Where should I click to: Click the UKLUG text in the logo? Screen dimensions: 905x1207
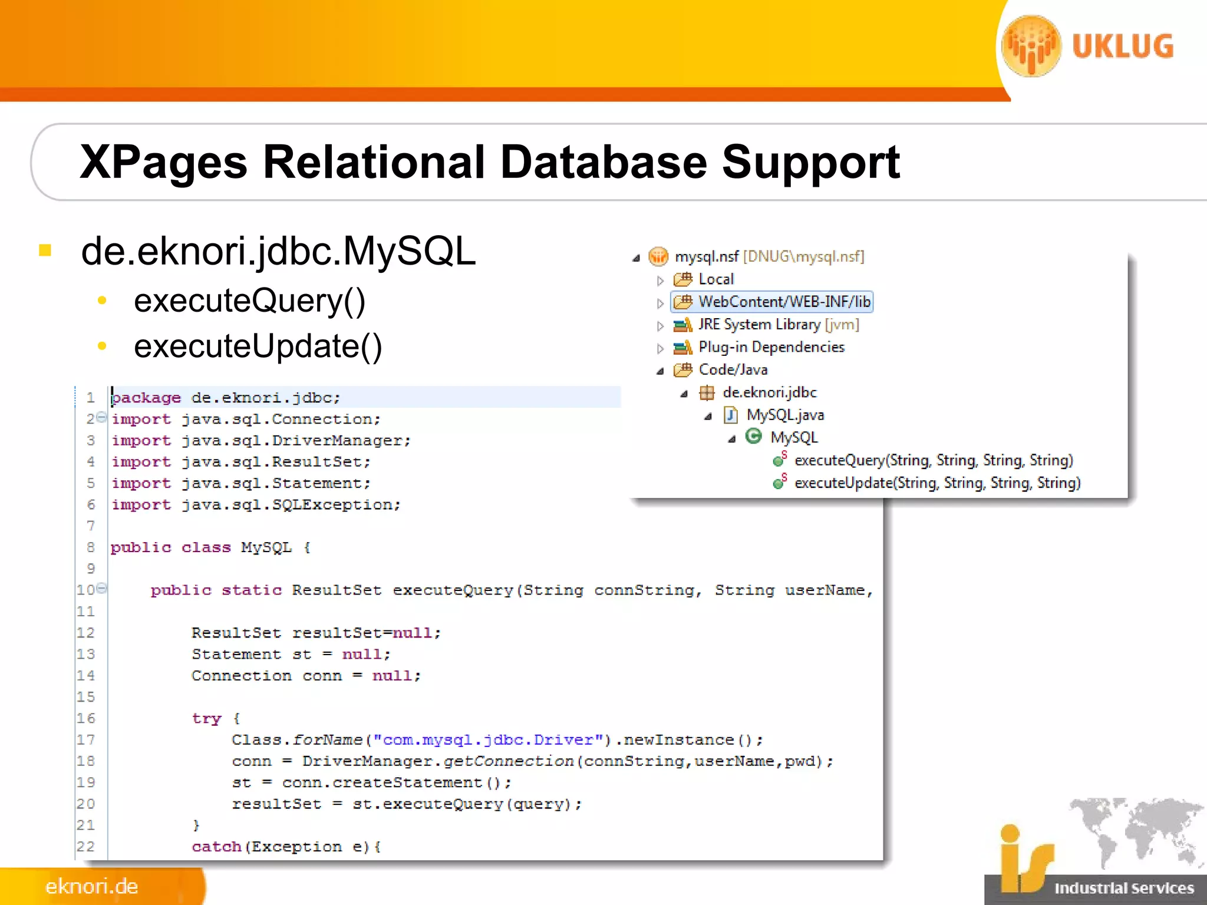click(x=1122, y=47)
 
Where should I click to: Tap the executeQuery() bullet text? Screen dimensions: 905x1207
click(x=249, y=300)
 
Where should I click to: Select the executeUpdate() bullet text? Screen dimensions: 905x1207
click(x=258, y=346)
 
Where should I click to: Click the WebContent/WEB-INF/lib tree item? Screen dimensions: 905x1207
click(x=783, y=302)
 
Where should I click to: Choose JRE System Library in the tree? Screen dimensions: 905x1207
click(x=759, y=325)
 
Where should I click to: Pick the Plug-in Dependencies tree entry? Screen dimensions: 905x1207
click(x=771, y=347)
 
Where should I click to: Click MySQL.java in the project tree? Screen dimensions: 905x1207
click(x=784, y=415)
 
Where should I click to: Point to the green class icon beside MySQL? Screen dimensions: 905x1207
click(x=753, y=437)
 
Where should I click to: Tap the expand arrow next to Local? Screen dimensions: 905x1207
click(x=660, y=280)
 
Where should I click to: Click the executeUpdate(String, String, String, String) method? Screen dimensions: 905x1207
click(x=937, y=483)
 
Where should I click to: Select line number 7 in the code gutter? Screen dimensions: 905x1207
click(x=91, y=526)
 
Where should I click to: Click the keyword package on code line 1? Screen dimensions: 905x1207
click(x=146, y=398)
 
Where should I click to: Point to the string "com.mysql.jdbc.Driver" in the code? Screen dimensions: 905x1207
click(x=488, y=740)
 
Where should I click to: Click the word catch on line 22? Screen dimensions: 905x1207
click(x=216, y=847)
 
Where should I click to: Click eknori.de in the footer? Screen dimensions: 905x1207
click(x=92, y=886)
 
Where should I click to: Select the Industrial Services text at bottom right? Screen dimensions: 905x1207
click(x=1123, y=888)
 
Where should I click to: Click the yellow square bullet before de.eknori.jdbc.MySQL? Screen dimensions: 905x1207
click(x=45, y=251)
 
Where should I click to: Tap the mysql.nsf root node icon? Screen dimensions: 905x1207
click(x=658, y=256)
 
